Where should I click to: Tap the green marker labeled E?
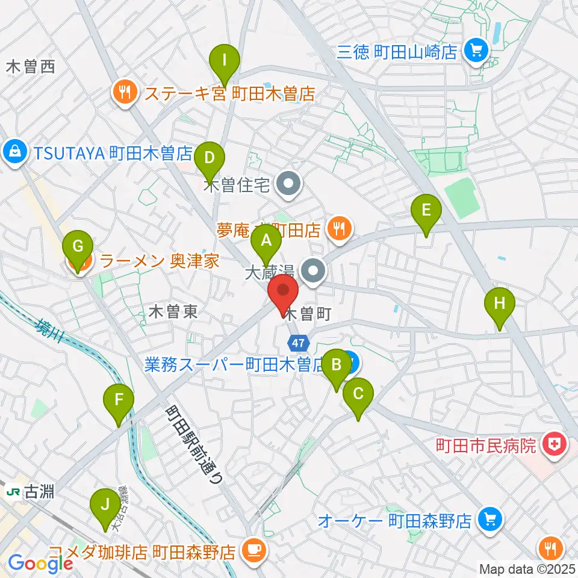[x=426, y=210]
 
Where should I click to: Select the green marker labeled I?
[x=225, y=60]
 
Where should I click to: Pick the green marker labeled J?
[x=105, y=503]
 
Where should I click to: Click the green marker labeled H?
[x=499, y=302]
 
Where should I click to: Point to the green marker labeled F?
[x=119, y=399]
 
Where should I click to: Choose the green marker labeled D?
[x=209, y=158]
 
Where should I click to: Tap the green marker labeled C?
[x=358, y=394]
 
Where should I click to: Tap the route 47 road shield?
[x=297, y=341]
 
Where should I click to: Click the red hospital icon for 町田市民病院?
[x=550, y=446]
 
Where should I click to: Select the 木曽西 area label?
[x=30, y=67]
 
